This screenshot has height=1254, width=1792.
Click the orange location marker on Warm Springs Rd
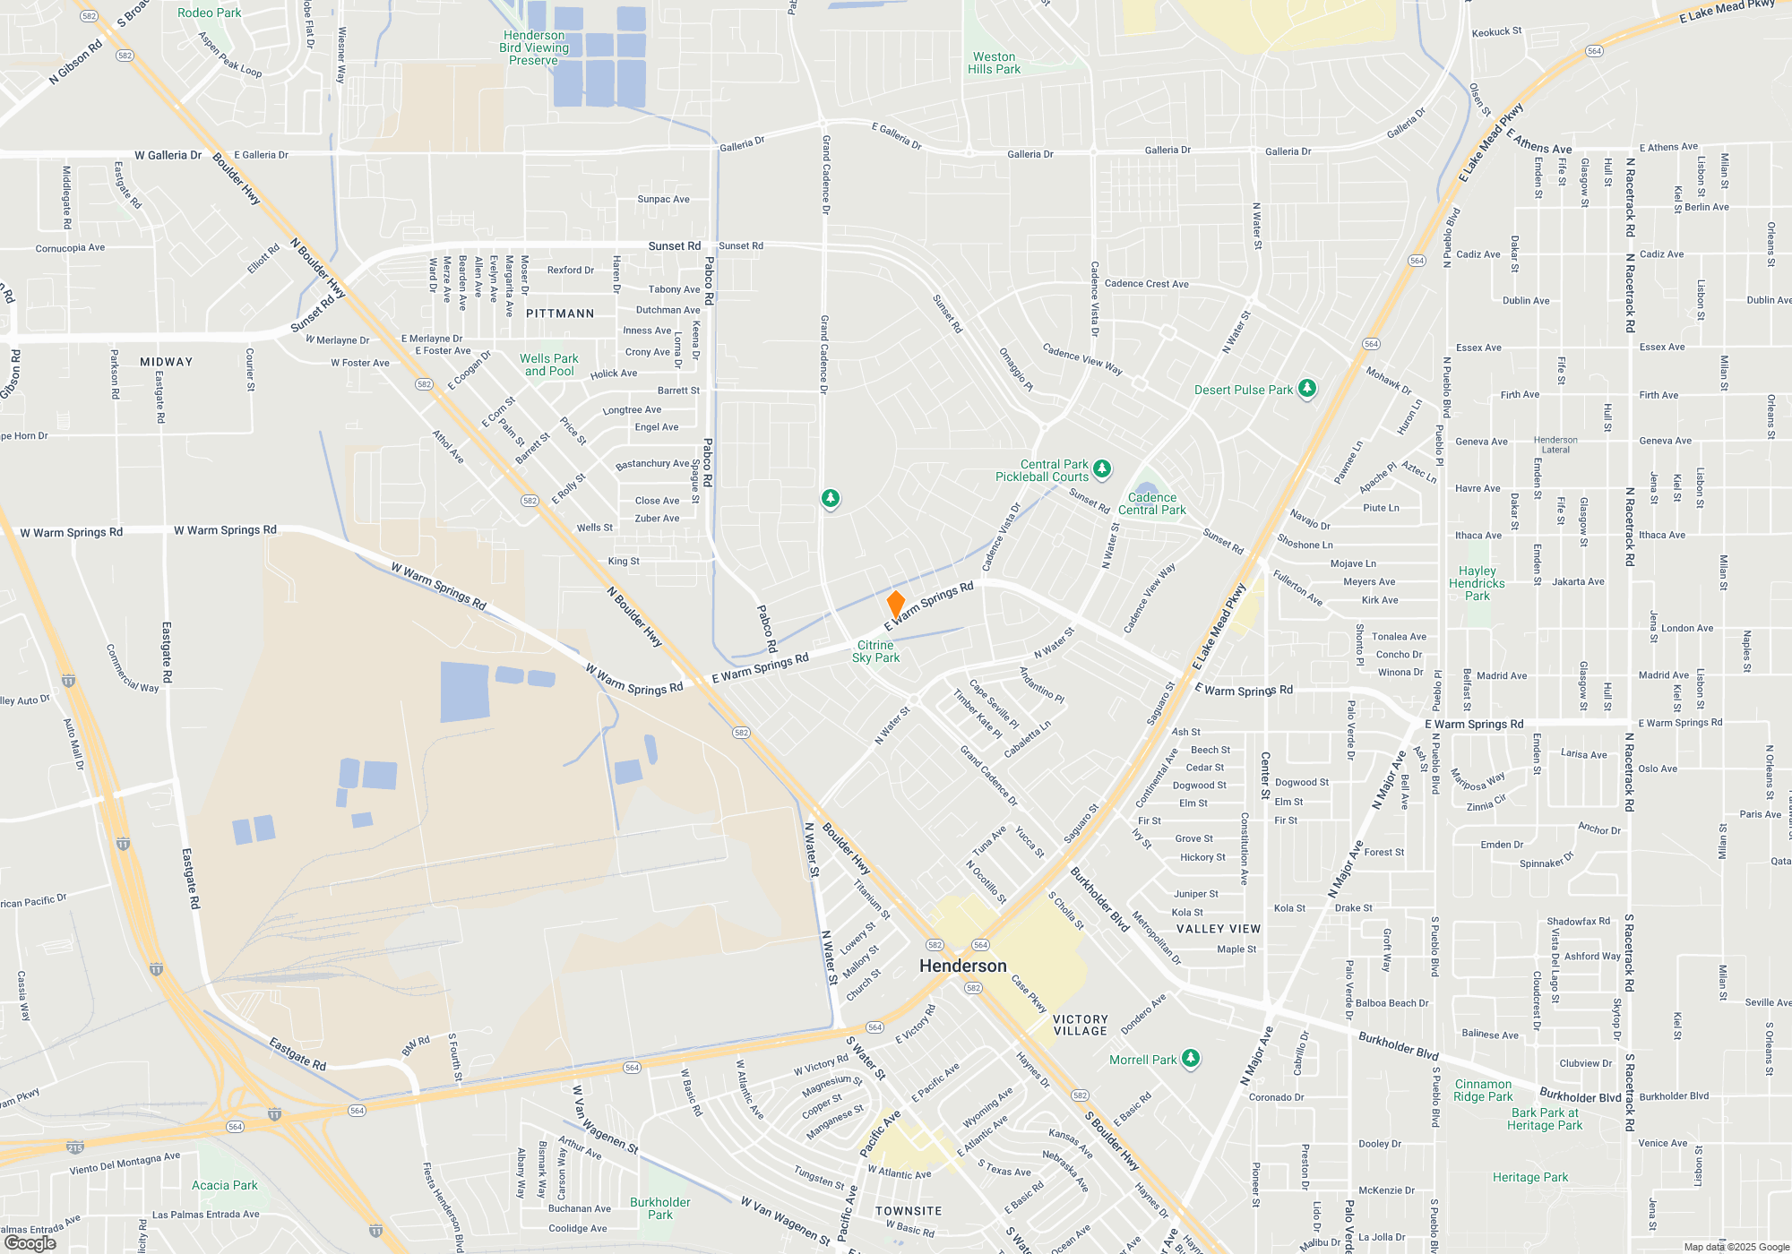895,604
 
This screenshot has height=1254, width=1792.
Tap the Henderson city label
963,966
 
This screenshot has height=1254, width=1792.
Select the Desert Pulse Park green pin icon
1307,389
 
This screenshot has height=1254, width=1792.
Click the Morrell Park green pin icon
1191,1059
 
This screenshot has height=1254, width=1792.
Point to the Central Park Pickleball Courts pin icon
1103,468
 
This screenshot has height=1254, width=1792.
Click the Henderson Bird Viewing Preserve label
534,48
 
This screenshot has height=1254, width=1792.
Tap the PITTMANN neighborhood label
560,313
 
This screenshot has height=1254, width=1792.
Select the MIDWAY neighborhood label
167,362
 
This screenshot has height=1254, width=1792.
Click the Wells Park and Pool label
549,365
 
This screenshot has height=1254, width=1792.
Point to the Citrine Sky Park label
875,651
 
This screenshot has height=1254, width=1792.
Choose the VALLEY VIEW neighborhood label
1219,929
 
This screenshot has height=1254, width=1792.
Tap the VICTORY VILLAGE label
1081,1026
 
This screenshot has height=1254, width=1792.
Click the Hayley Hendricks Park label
1477,583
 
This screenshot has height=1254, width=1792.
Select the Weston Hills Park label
994,63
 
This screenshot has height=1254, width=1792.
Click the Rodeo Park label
209,13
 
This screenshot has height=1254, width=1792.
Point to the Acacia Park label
224,1185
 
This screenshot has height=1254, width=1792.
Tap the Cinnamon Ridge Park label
1483,1090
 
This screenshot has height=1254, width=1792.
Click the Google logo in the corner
30,1242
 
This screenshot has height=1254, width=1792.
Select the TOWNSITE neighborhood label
909,1211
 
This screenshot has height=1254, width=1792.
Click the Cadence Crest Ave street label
1147,284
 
